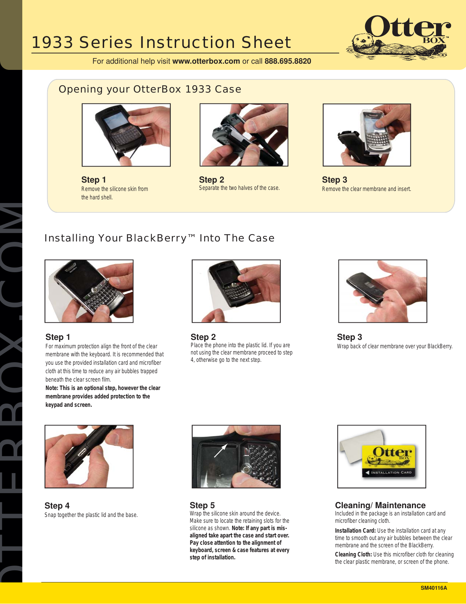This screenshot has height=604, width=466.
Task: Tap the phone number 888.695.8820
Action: (x=288, y=61)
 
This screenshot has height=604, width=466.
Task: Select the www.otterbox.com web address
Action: (x=206, y=61)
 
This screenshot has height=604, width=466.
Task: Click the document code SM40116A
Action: (x=433, y=588)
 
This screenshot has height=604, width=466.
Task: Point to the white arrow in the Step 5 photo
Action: (x=220, y=451)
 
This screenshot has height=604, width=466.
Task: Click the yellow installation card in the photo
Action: (x=389, y=461)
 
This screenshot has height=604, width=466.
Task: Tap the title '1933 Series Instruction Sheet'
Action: (x=161, y=43)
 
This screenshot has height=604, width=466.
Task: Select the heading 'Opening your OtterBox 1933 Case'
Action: (x=150, y=89)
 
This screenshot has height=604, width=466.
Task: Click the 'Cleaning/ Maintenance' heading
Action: (x=380, y=506)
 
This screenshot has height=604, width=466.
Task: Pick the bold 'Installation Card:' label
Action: (x=355, y=531)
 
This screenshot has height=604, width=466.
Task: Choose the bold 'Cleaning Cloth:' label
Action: (x=353, y=555)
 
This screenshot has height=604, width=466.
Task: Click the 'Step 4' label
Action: (x=57, y=506)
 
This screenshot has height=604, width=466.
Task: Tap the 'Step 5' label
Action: (x=202, y=506)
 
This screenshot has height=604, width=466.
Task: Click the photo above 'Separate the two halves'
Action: (x=244, y=135)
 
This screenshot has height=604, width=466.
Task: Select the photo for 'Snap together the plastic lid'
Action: (x=89, y=457)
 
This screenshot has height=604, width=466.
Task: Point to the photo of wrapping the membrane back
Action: (x=382, y=291)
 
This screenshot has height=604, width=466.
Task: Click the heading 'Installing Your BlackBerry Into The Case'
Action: (x=159, y=238)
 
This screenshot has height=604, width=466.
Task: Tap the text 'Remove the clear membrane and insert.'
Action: (x=366, y=189)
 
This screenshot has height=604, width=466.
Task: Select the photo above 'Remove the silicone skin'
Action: (x=126, y=135)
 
